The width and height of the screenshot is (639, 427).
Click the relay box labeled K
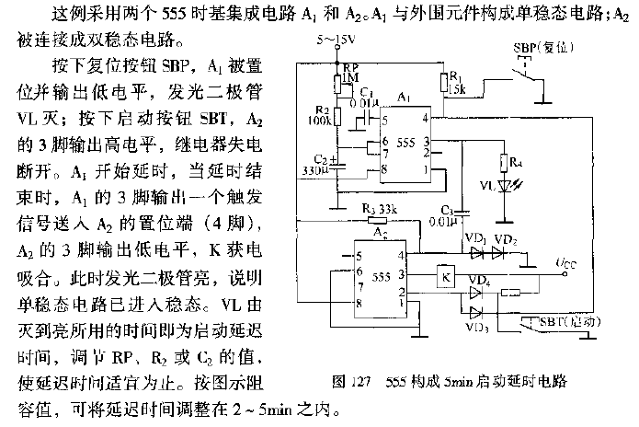tap(444, 277)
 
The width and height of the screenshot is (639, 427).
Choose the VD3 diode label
tap(477, 326)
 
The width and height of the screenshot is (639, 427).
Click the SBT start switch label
tap(561, 321)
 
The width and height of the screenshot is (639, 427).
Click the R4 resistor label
tap(519, 163)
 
